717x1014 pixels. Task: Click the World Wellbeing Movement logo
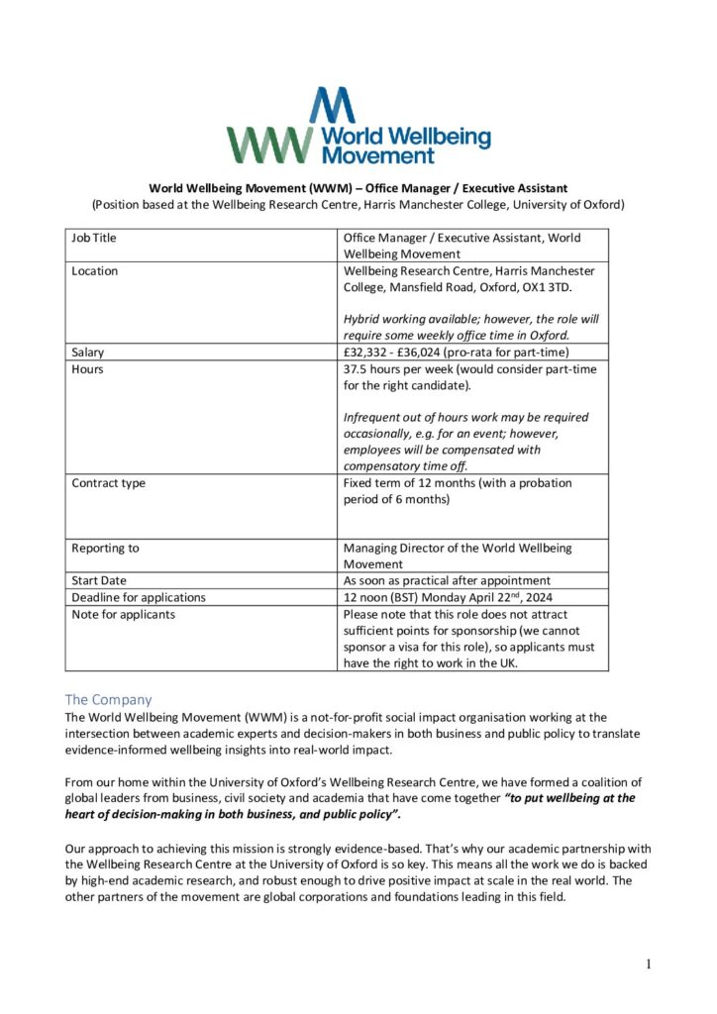[x=358, y=127]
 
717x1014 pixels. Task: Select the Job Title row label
[x=94, y=238]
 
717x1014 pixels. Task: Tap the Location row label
[x=94, y=271]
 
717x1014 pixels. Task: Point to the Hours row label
[x=87, y=369]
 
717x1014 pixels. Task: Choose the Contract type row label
[x=108, y=483]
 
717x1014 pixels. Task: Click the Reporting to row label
[x=105, y=549]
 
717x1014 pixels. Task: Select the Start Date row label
[x=99, y=580]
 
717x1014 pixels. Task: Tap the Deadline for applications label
[x=139, y=597]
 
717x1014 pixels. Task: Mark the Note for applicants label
[x=123, y=614]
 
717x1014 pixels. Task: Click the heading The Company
[x=109, y=699]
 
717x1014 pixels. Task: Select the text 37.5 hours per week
[x=407, y=369]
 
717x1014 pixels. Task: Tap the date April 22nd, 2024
[x=492, y=597]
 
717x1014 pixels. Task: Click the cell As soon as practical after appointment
[x=461, y=580]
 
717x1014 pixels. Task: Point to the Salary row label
[x=88, y=353]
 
